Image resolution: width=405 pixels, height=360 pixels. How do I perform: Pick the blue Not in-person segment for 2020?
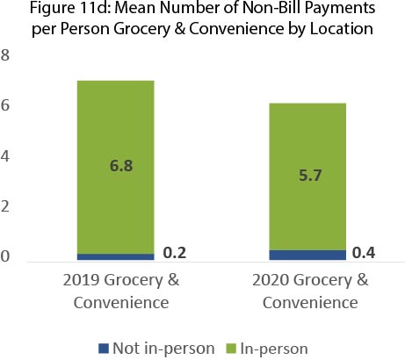pyautogui.click(x=307, y=256)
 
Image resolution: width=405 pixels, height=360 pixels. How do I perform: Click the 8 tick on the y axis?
pyautogui.click(x=6, y=57)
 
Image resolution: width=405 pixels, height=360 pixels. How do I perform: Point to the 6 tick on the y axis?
pyautogui.click(x=6, y=107)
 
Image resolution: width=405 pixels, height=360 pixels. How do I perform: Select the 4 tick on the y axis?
pyautogui.click(x=6, y=158)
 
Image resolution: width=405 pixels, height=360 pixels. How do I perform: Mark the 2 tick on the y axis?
pyautogui.click(x=6, y=208)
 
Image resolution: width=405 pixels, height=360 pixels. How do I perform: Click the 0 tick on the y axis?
pyautogui.click(x=6, y=258)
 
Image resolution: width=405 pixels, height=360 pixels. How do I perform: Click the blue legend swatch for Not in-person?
pyautogui.click(x=103, y=349)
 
